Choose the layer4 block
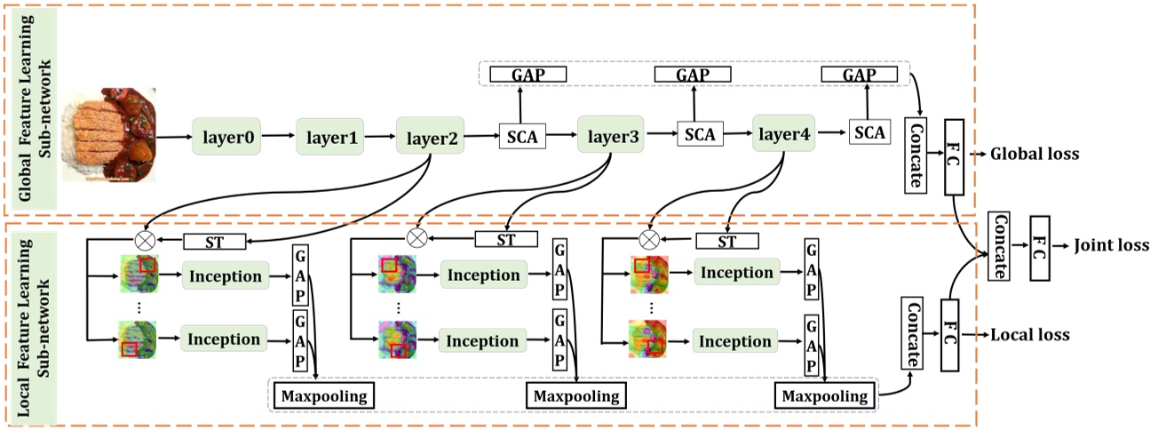(783, 136)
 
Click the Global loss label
(1035, 154)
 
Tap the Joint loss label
(1111, 244)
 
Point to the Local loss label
(1030, 335)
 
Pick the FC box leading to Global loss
(955, 156)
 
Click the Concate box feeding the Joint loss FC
(999, 245)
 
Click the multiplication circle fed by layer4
(649, 239)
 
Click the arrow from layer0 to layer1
(280, 138)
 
